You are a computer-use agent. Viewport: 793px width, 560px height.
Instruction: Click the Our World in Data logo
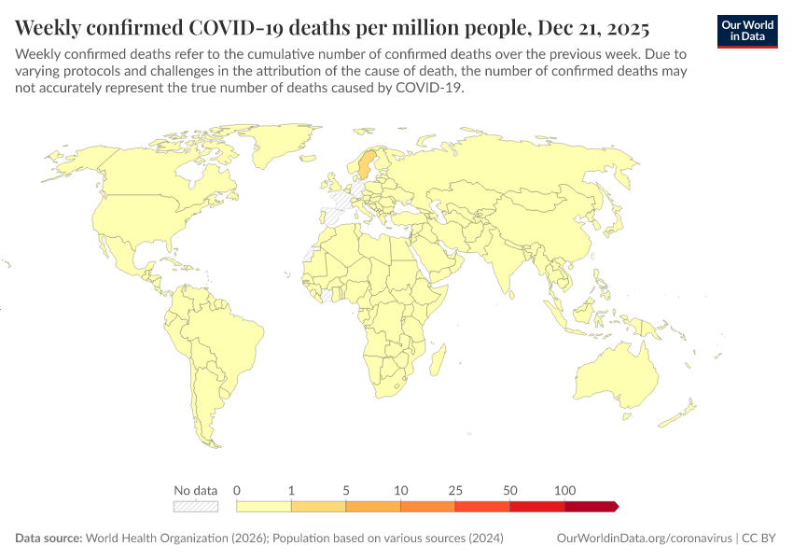(x=747, y=31)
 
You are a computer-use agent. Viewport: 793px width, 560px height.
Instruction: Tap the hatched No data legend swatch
(x=196, y=507)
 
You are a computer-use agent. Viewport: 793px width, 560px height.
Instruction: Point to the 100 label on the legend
(x=564, y=490)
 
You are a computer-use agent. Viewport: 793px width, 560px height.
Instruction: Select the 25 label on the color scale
(x=455, y=490)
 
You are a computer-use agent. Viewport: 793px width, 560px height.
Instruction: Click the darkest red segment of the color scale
(x=591, y=507)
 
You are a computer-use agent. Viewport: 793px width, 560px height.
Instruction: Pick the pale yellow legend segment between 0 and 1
(x=264, y=507)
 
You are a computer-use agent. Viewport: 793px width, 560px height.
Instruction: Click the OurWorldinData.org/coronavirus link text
(x=643, y=539)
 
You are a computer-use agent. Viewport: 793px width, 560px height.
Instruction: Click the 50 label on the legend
(x=509, y=490)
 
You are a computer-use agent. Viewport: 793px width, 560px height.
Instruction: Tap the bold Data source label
(x=49, y=539)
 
